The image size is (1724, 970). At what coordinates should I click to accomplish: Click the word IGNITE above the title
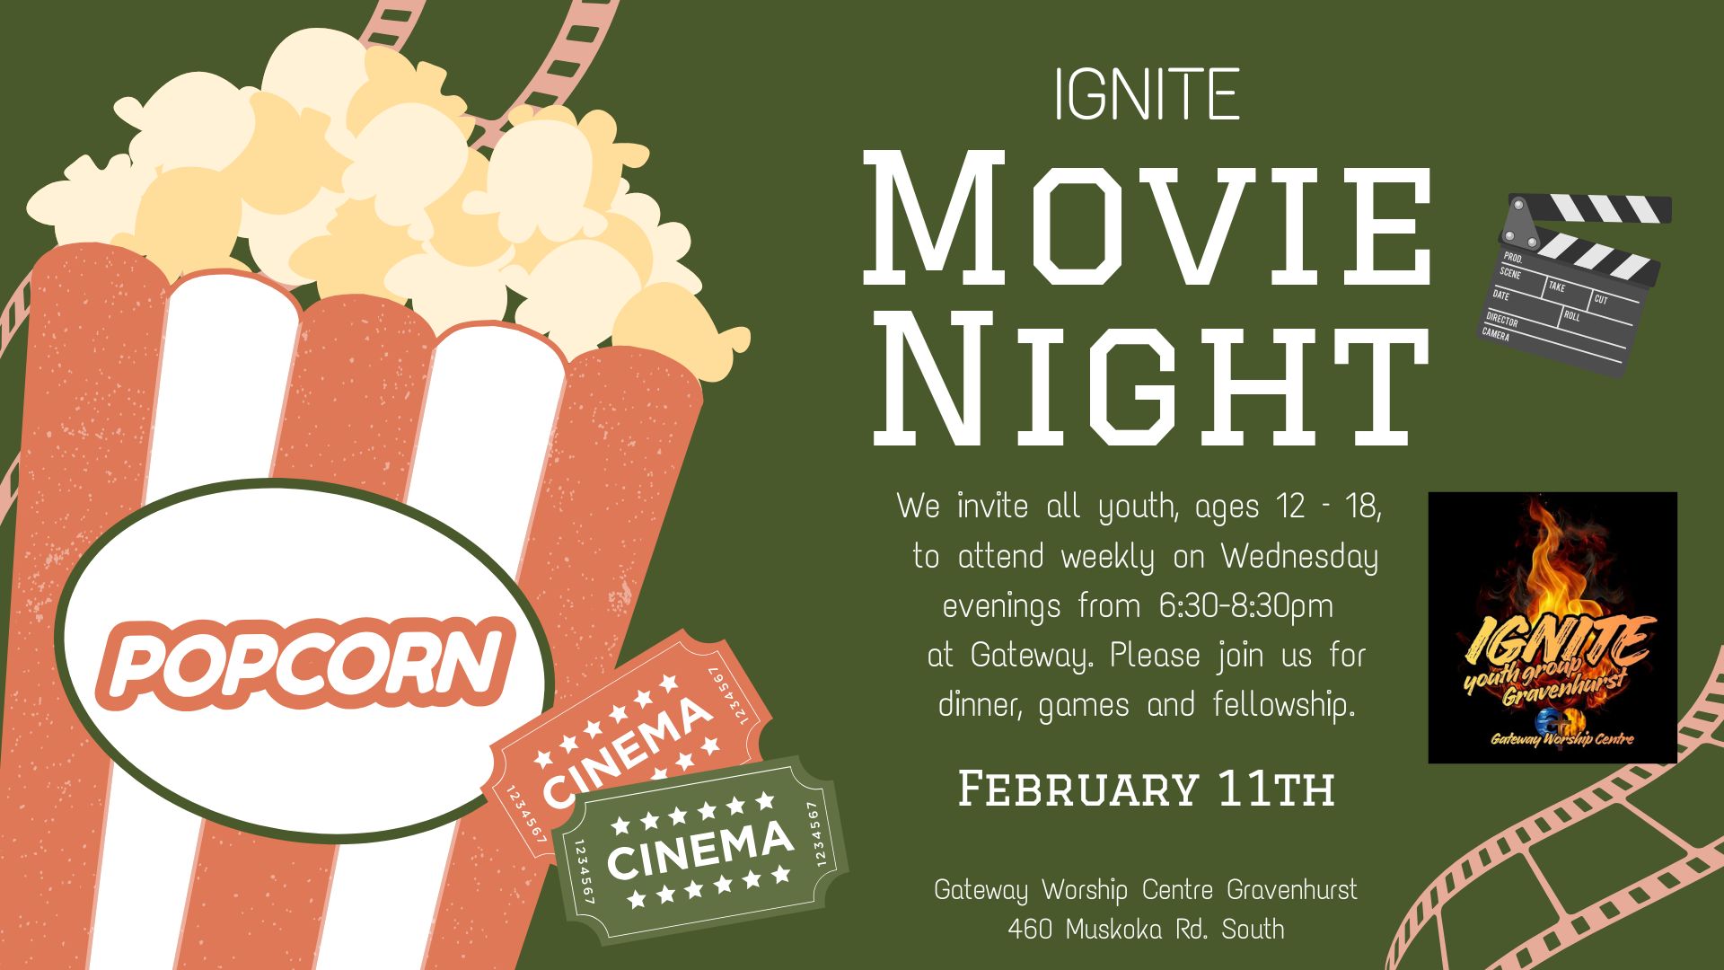(x=1148, y=94)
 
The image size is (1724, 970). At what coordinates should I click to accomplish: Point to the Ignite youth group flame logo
(x=1552, y=628)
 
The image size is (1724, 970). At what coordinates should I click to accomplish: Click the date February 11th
(x=1147, y=789)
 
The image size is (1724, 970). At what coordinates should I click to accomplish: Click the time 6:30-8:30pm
(x=1246, y=606)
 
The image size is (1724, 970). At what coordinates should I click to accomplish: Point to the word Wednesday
(x=1299, y=558)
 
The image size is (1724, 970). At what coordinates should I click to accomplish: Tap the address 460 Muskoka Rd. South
(x=1146, y=929)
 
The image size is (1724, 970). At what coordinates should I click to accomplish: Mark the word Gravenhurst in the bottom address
(x=1292, y=890)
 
